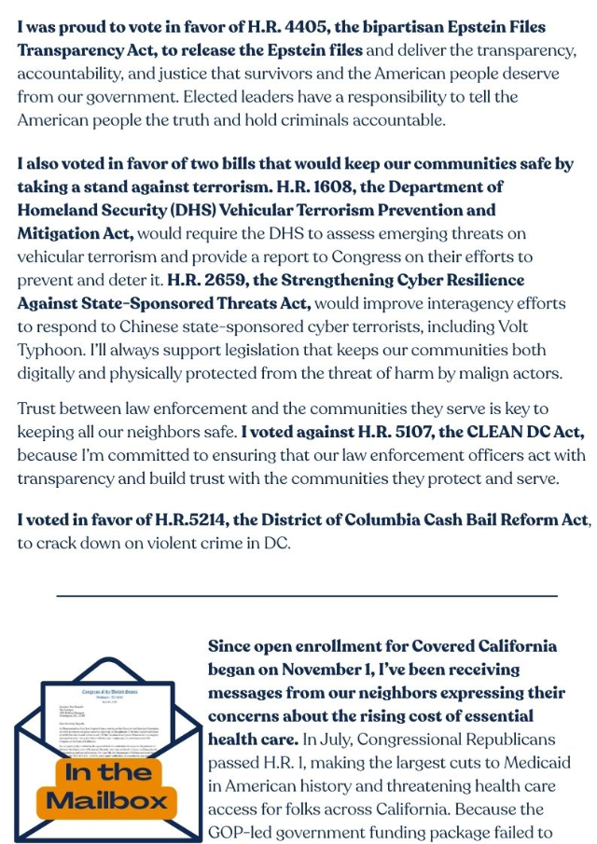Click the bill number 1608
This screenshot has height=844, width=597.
click(x=327, y=187)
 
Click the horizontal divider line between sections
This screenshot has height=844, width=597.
click(x=307, y=595)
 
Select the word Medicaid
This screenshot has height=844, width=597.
click(x=522, y=763)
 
